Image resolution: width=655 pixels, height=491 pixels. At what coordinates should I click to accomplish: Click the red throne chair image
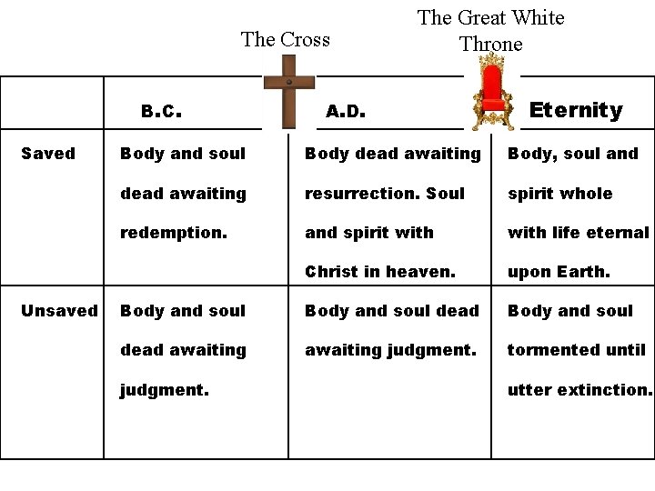point(492,92)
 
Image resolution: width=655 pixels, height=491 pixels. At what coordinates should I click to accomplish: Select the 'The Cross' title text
point(286,39)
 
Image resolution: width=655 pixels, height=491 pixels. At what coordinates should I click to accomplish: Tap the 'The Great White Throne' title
point(490,31)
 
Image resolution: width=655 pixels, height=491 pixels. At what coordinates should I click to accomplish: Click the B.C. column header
point(163,112)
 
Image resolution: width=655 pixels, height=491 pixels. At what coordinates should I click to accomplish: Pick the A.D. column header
point(346,112)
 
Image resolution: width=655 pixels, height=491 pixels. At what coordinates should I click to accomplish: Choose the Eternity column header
point(576,110)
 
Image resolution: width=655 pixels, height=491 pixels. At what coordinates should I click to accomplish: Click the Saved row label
point(48,154)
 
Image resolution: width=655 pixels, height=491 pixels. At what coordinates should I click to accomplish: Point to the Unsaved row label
point(59,311)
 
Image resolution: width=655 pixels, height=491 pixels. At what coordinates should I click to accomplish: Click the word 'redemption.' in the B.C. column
point(174,233)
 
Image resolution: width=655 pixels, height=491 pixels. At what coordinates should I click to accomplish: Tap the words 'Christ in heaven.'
point(380,272)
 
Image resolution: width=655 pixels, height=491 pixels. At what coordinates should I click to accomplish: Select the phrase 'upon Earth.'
point(559,272)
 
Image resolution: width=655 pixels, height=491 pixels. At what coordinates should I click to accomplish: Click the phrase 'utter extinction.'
point(580,389)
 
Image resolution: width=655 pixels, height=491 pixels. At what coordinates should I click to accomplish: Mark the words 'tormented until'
point(577,350)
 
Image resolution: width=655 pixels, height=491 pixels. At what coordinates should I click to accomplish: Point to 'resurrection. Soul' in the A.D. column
point(385,194)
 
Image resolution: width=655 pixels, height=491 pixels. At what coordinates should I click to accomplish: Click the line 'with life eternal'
point(579,233)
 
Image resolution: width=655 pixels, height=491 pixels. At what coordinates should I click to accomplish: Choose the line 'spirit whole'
point(560,194)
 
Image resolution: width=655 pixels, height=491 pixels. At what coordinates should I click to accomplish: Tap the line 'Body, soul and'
point(573,154)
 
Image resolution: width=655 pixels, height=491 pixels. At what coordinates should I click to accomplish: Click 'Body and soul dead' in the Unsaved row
point(392,311)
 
